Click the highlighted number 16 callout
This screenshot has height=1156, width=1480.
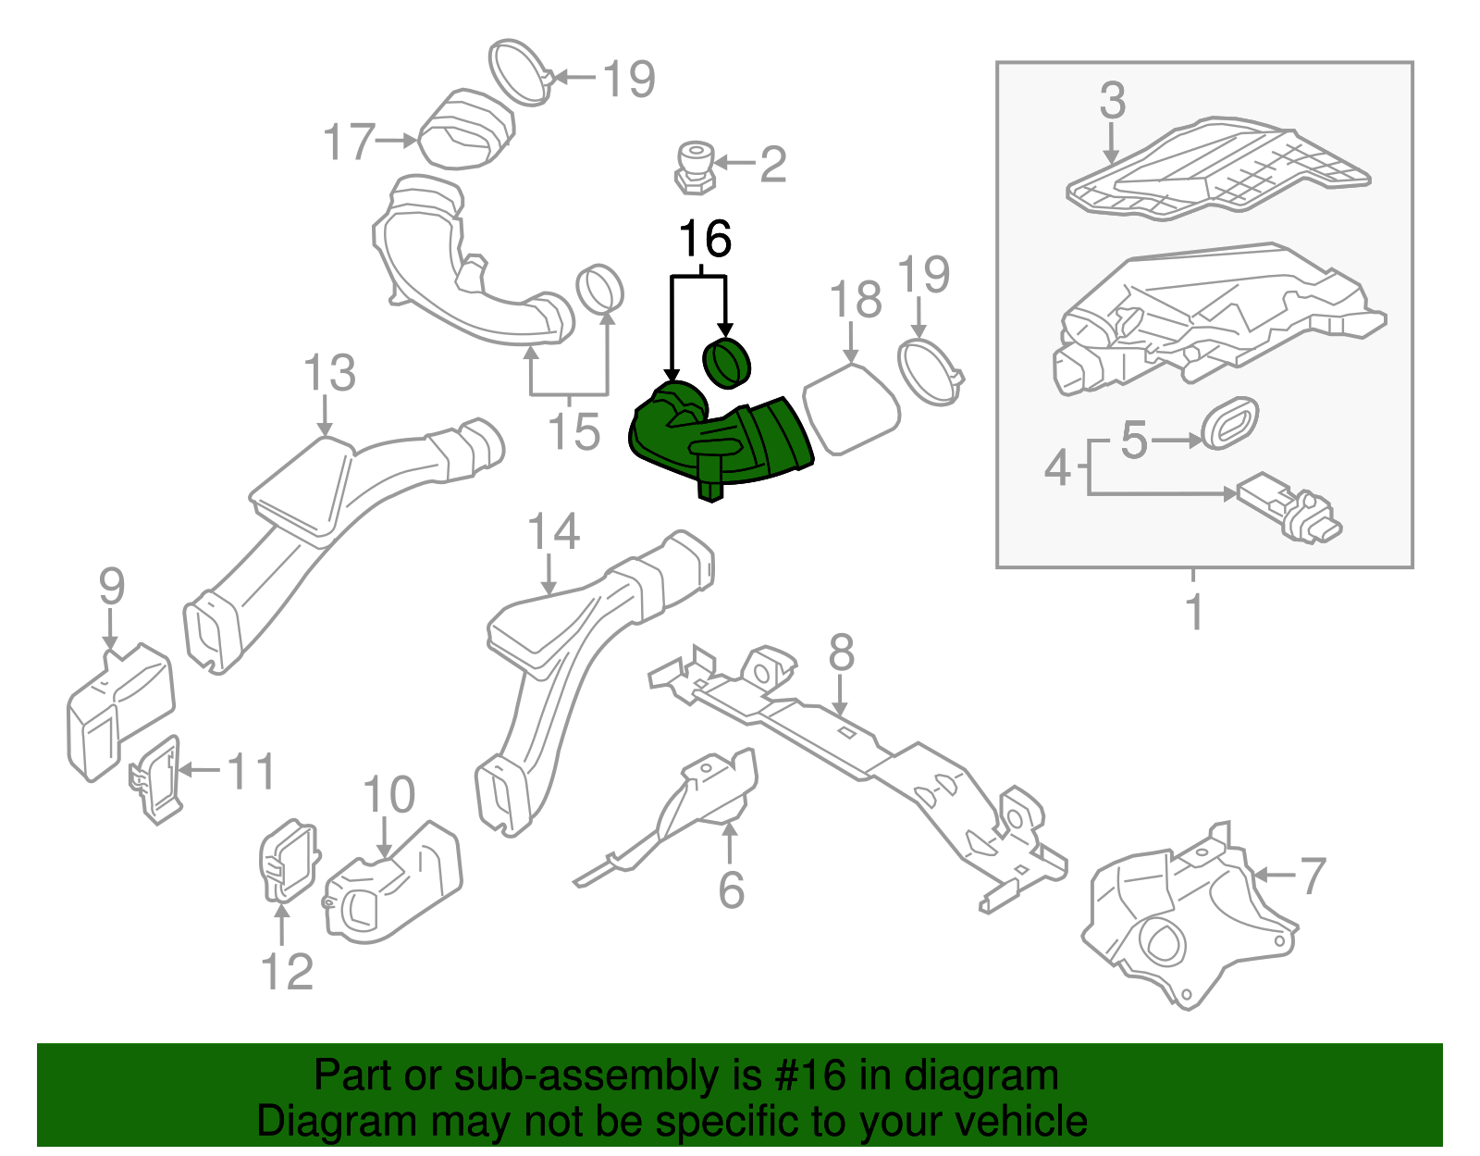pyautogui.click(x=705, y=240)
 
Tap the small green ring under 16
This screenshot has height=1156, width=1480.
pyautogui.click(x=728, y=364)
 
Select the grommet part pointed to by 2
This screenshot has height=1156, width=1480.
pyautogui.click(x=695, y=167)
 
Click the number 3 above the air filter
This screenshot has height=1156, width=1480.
pyautogui.click(x=1113, y=101)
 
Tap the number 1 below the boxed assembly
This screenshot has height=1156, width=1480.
pyautogui.click(x=1194, y=613)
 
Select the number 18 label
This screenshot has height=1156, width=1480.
pyautogui.click(x=856, y=300)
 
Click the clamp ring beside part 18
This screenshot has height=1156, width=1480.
pyautogui.click(x=930, y=372)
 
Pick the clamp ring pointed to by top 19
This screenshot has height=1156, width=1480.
pyautogui.click(x=519, y=71)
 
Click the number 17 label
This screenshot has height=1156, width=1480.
pyautogui.click(x=349, y=143)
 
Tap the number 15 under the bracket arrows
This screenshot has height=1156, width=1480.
pyautogui.click(x=573, y=431)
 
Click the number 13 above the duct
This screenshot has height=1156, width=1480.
pyautogui.click(x=329, y=374)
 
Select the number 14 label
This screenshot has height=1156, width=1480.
pyautogui.click(x=553, y=533)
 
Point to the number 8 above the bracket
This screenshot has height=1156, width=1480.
pyautogui.click(x=841, y=653)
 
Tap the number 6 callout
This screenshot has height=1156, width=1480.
pyautogui.click(x=731, y=889)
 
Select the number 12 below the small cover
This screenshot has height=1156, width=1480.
pyautogui.click(x=287, y=972)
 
